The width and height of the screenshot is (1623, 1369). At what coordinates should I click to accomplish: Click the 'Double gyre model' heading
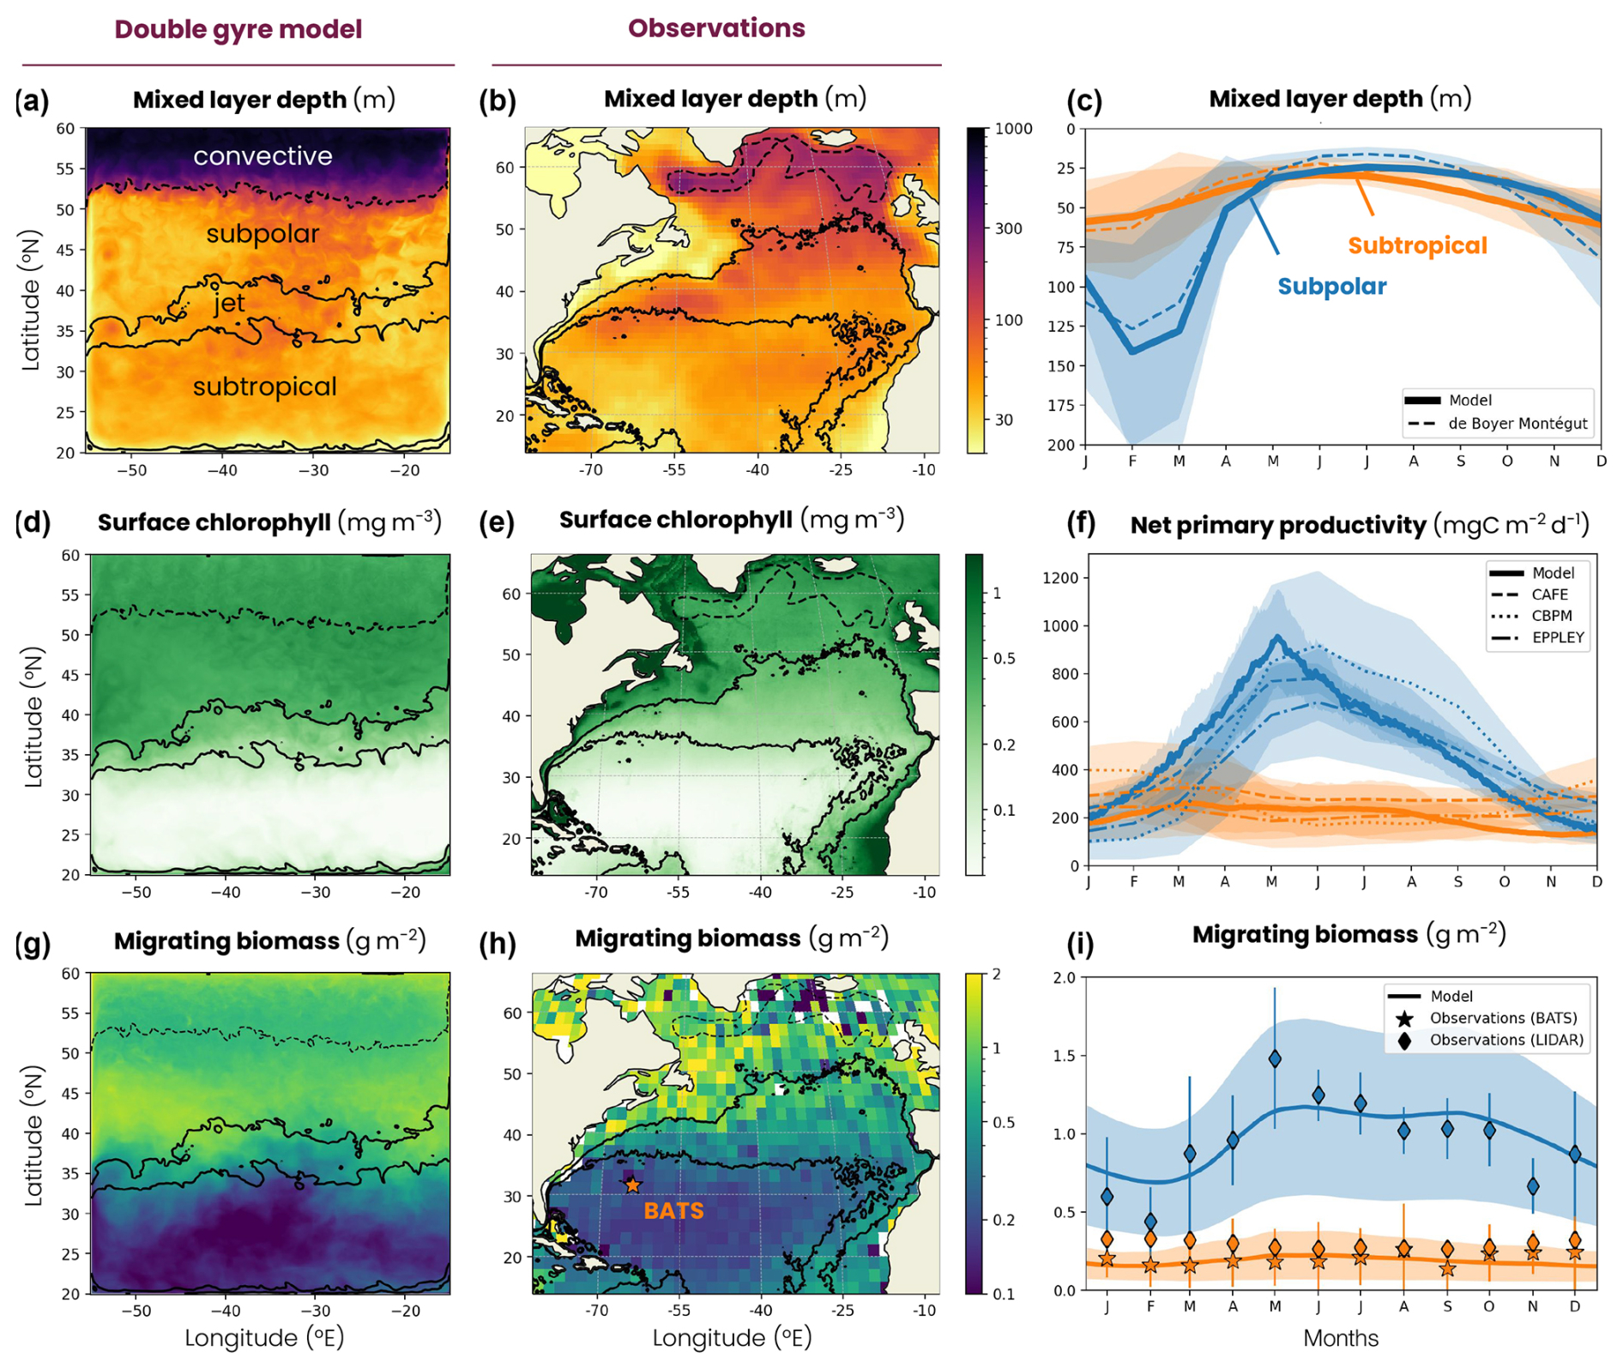pos(238,29)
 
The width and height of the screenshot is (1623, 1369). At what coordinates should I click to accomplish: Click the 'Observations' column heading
pos(716,28)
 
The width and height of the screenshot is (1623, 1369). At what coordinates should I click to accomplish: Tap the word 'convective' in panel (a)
pos(262,156)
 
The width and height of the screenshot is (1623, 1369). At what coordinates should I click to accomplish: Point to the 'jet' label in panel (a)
pos(229,303)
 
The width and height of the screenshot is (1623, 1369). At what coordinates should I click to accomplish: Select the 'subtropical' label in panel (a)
pos(264,387)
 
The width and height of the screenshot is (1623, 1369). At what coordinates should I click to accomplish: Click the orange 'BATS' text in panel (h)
pos(673,1211)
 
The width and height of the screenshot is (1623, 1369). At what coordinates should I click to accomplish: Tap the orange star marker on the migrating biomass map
pos(632,1185)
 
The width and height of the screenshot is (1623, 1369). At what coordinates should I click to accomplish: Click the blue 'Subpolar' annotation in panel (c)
pos(1331,286)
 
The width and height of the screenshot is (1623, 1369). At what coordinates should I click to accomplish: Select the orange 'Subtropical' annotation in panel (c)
pos(1417,246)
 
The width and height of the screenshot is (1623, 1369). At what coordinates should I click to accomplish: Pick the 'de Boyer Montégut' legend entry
pos(1517,424)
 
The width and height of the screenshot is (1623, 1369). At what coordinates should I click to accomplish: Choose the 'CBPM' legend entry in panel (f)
pos(1551,616)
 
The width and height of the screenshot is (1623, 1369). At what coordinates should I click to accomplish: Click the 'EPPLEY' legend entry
pos(1557,637)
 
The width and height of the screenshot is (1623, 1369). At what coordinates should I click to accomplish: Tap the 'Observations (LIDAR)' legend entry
pos(1505,1040)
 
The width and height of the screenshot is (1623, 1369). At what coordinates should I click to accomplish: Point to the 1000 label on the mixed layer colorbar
pos(1013,129)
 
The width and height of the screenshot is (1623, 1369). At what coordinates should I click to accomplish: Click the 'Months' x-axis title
pos(1341,1338)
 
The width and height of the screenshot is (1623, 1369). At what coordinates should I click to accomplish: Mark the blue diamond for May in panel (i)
pos(1276,1059)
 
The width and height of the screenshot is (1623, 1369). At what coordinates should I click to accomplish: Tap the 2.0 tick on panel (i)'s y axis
pos(1064,978)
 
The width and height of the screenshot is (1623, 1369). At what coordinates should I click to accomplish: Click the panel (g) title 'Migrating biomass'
pos(226,942)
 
